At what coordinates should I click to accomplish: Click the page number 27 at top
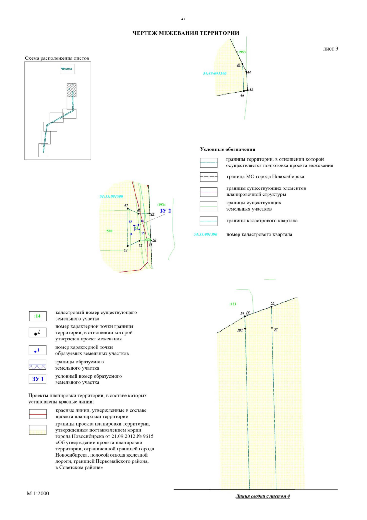pyautogui.click(x=183, y=18)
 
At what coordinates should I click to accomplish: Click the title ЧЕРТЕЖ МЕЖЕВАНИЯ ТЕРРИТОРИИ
pyautogui.click(x=186, y=33)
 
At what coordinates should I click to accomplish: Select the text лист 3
pyautogui.click(x=330, y=49)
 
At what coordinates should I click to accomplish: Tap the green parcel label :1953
pyautogui.click(x=242, y=52)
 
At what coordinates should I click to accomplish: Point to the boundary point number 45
pyautogui.click(x=251, y=89)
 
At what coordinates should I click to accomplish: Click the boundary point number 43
pyautogui.click(x=239, y=65)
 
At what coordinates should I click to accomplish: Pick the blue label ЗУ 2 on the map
pyautogui.click(x=165, y=211)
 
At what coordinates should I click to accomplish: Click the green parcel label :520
pyautogui.click(x=109, y=231)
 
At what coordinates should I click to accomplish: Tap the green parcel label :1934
pyautogui.click(x=161, y=204)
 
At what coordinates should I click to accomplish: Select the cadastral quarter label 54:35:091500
pyautogui.click(x=111, y=196)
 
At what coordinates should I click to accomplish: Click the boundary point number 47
pyautogui.click(x=126, y=206)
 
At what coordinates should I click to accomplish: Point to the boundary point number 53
pyautogui.click(x=125, y=250)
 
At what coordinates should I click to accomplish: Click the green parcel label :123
pyautogui.click(x=233, y=304)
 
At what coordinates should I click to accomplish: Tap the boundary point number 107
pyautogui.click(x=240, y=330)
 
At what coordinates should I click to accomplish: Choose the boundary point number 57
pyautogui.click(x=276, y=329)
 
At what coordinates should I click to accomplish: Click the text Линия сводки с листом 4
pyautogui.click(x=263, y=496)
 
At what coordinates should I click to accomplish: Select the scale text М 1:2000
pyautogui.click(x=38, y=493)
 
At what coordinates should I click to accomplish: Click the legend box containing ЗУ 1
pyautogui.click(x=38, y=379)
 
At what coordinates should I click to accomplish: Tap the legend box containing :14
pyautogui.click(x=38, y=316)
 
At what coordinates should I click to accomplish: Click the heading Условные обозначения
pyautogui.click(x=228, y=149)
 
